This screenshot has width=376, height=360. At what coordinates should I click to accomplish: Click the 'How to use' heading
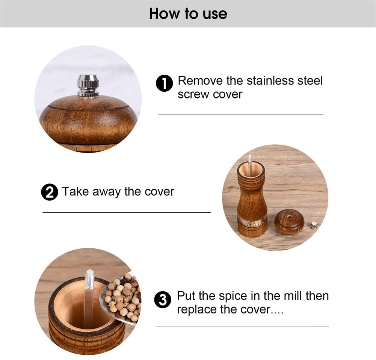188,14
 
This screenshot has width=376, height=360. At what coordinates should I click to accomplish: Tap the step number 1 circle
164,83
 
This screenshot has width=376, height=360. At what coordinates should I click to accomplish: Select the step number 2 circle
50,192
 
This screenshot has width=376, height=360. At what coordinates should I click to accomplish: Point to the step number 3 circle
163,300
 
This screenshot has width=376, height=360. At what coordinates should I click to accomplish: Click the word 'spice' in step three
233,296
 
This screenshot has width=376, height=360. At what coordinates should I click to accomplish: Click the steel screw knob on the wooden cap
88,85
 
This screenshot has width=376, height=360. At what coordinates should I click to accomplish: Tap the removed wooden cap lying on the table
290,222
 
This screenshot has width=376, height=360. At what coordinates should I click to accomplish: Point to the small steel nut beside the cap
313,226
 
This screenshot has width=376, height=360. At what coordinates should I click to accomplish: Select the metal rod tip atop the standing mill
250,158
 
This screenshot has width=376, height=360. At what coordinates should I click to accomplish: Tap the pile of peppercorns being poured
123,297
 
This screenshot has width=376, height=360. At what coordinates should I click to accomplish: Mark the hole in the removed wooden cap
290,216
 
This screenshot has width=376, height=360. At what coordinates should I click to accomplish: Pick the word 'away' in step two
106,192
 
